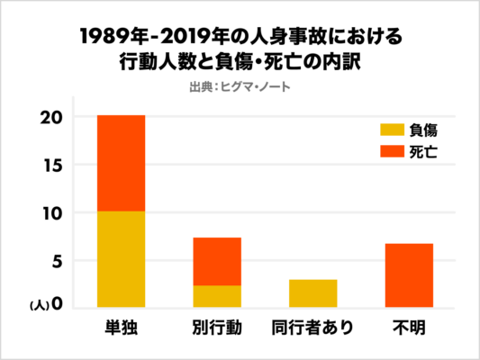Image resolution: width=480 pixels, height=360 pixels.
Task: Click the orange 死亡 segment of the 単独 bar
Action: pos(121,163)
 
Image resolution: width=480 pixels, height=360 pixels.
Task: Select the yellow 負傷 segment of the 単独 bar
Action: pos(121,259)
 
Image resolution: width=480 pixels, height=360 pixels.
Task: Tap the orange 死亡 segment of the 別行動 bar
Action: pos(216,261)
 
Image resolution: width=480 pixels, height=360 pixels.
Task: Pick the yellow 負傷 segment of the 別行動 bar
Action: pos(216,296)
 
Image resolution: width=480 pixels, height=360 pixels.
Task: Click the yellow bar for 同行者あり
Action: pos(312,293)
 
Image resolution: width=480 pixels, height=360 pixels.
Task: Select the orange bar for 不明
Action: pos(409,275)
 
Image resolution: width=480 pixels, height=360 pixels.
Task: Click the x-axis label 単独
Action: pos(121,326)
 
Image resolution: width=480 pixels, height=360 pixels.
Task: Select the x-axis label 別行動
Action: pos(216,326)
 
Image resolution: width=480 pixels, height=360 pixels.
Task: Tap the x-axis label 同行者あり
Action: pos(312,326)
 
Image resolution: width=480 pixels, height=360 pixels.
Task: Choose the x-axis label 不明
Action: pos(409,326)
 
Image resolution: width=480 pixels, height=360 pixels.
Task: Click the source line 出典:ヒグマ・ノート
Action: pos(239,86)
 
